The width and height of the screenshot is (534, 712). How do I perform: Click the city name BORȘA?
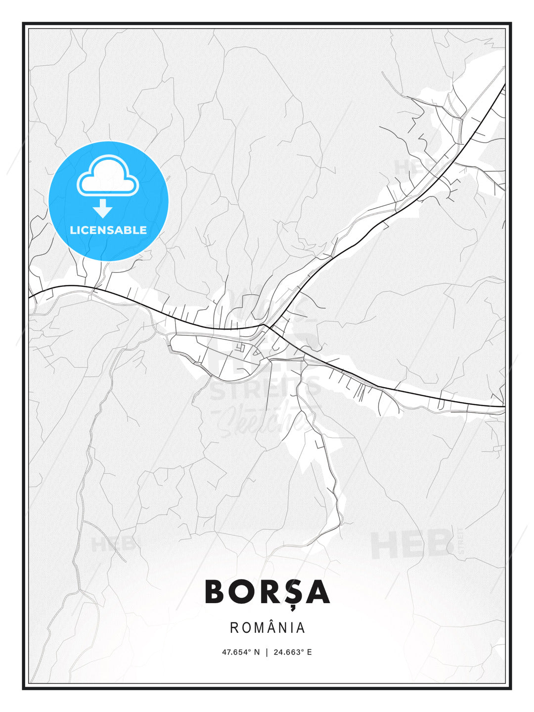click(267, 592)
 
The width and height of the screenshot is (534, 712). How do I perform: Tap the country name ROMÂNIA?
click(267, 628)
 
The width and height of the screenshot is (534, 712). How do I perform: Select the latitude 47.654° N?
click(241, 652)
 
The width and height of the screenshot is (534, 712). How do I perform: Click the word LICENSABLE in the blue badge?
click(108, 230)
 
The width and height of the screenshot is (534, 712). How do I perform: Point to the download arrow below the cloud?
click(103, 208)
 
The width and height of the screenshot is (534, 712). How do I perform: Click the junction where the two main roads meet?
click(266, 325)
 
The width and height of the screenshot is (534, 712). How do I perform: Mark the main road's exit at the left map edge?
click(30, 297)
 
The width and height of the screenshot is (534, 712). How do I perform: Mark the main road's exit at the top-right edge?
click(504, 86)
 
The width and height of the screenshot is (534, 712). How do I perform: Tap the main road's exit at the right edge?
click(504, 406)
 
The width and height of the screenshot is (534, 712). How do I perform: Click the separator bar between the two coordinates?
click(267, 652)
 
